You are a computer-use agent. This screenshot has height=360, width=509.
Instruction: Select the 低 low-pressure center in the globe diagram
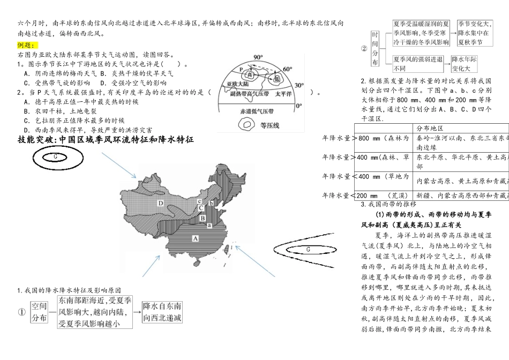276,79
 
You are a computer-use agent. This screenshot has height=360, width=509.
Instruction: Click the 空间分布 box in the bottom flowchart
39,312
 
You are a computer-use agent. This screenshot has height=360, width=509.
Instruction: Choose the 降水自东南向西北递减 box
162,312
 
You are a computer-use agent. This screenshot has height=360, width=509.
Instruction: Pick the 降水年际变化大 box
464,64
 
